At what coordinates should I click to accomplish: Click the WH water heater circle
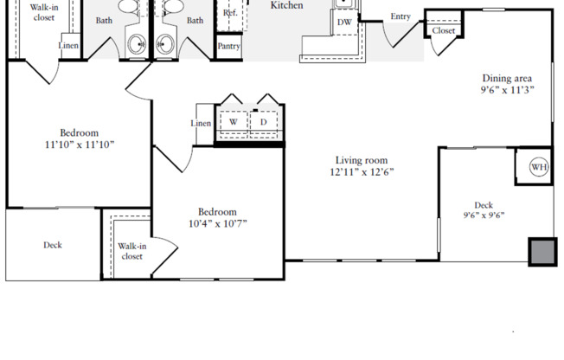(538, 167)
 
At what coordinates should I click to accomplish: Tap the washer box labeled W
(233, 123)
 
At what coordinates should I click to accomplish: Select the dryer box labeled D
(263, 123)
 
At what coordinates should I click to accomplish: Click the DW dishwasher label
(344, 22)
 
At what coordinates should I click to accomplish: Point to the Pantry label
(229, 47)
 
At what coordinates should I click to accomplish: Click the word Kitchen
(286, 5)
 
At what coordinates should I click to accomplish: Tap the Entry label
(401, 16)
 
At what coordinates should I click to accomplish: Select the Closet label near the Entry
(444, 31)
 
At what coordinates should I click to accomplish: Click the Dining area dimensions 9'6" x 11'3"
(507, 89)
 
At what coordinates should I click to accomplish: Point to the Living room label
(362, 160)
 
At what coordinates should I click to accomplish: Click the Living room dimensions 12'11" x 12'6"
(362, 172)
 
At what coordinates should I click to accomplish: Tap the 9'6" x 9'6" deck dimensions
(484, 217)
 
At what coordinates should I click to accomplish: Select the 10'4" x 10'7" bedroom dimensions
(216, 224)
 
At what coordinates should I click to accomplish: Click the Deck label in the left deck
(53, 245)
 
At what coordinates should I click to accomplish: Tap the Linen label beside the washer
(201, 124)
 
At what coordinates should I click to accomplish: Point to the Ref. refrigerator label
(230, 14)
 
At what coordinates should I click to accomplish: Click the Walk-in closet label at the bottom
(131, 251)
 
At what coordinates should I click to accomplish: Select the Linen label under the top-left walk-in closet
(68, 46)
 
